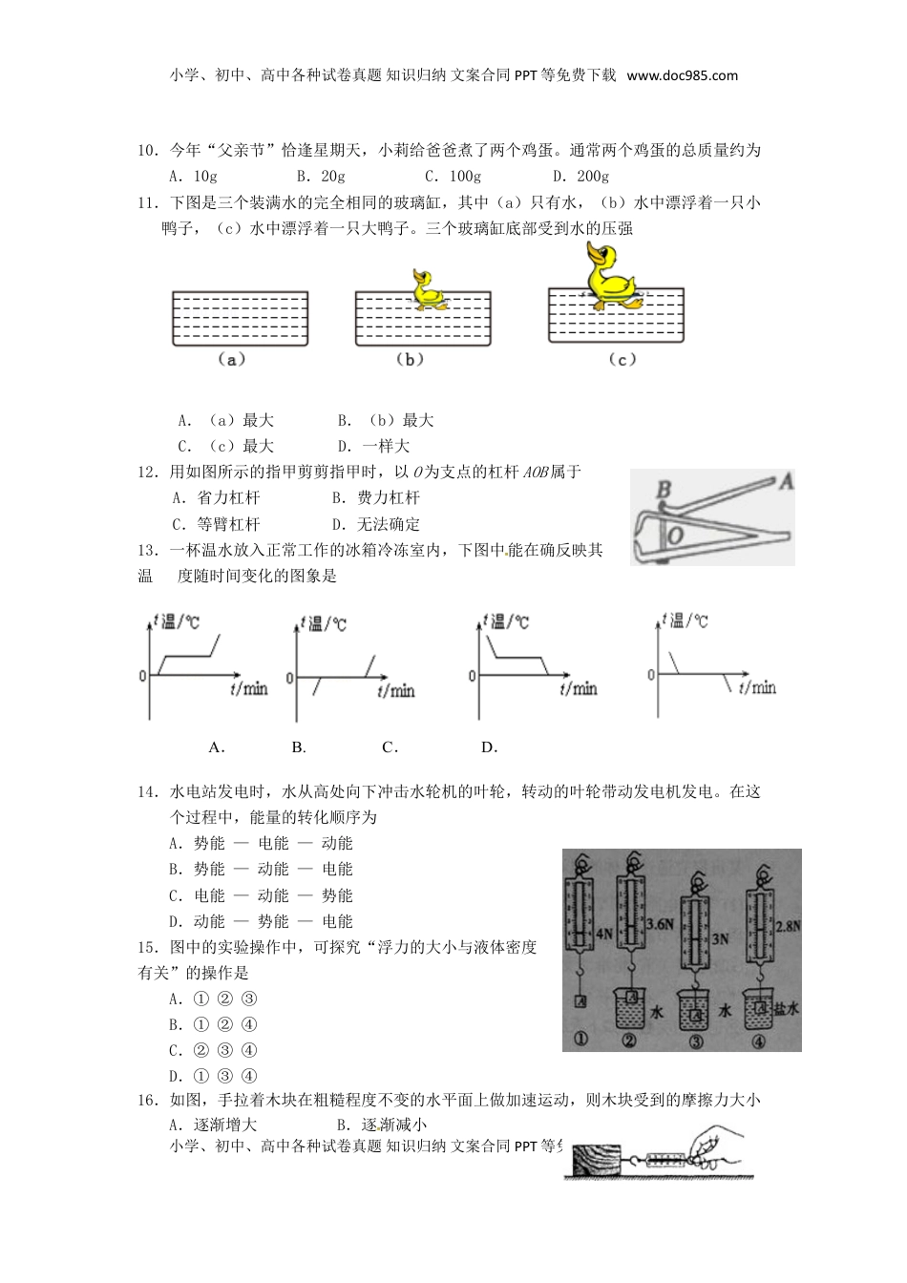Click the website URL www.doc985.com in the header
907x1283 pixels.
tap(682, 75)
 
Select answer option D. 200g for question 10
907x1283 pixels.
tap(580, 176)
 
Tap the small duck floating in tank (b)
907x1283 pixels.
tap(427, 290)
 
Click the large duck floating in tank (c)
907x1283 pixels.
tap(610, 276)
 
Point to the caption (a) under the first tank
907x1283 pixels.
tap(231, 359)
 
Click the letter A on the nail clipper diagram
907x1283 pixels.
tap(785, 481)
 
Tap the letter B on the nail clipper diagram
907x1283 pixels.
tap(664, 491)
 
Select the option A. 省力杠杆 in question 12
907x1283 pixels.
tap(216, 497)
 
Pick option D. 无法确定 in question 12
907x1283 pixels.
tap(375, 524)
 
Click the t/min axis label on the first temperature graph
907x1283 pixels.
tap(249, 688)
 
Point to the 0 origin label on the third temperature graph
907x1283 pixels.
tap(472, 676)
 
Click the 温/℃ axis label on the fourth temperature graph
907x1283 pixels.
tap(685, 621)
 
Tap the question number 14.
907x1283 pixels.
tap(148, 791)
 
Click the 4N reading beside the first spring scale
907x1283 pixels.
tap(603, 935)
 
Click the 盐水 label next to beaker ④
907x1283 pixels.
tap(786, 1008)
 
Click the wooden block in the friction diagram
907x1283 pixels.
tap(596, 1159)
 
